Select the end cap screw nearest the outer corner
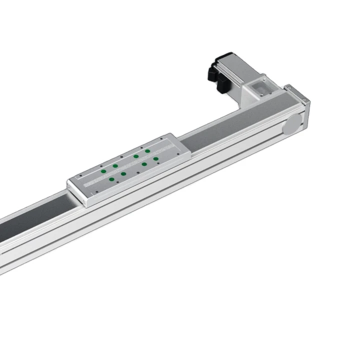[x=308, y=103]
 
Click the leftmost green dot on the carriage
[x=103, y=170]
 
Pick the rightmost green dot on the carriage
[x=156, y=159]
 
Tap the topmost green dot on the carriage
[x=147, y=149]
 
